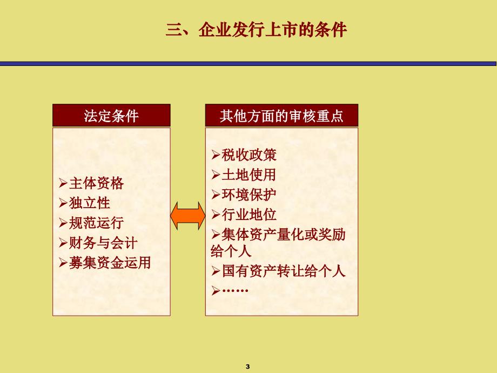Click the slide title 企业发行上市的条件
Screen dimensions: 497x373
coord(256,30)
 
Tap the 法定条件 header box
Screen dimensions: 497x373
coord(112,116)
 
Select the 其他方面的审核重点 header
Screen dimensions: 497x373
coord(281,116)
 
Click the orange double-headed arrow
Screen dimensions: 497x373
coord(188,216)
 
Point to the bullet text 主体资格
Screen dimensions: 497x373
coord(96,183)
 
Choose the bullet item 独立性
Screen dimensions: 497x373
coord(89,203)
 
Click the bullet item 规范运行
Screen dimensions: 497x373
coord(96,223)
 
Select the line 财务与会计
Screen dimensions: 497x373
coord(103,243)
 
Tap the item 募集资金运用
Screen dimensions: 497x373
coord(110,263)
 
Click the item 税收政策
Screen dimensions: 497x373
coord(249,155)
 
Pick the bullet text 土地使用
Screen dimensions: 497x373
coord(249,175)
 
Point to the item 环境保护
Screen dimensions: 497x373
coord(249,195)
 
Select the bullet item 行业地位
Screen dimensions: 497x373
coord(249,215)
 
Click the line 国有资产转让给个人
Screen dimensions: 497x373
coord(284,271)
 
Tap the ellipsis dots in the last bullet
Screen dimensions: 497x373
coord(235,290)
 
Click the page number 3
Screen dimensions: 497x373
coord(248,367)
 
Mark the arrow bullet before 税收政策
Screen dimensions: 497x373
coord(216,155)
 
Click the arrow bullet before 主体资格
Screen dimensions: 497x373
coord(63,183)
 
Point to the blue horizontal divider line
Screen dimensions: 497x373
coord(248,64)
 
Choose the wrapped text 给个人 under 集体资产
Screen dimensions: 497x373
coord(231,251)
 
